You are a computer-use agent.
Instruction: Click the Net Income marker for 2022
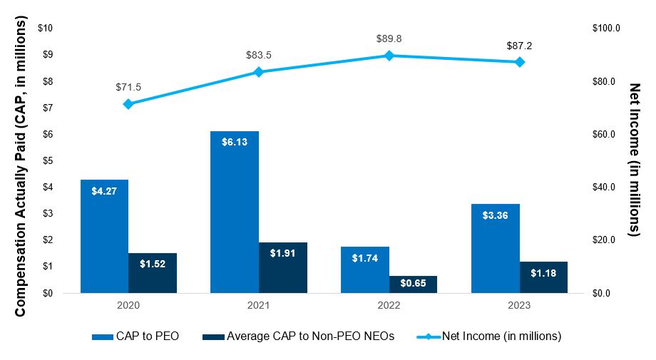tap(389, 55)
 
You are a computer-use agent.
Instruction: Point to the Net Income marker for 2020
tap(128, 103)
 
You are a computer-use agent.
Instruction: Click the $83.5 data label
tap(259, 54)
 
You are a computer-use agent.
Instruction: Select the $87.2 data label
tap(519, 45)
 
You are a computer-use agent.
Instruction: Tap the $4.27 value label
tap(104, 190)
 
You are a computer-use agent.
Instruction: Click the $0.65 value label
tap(413, 283)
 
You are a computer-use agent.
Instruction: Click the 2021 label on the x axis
tap(259, 305)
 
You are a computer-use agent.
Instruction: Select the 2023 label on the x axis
tap(519, 305)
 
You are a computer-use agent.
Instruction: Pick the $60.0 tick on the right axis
tap(606, 134)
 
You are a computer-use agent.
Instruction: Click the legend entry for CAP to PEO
tap(135, 336)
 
